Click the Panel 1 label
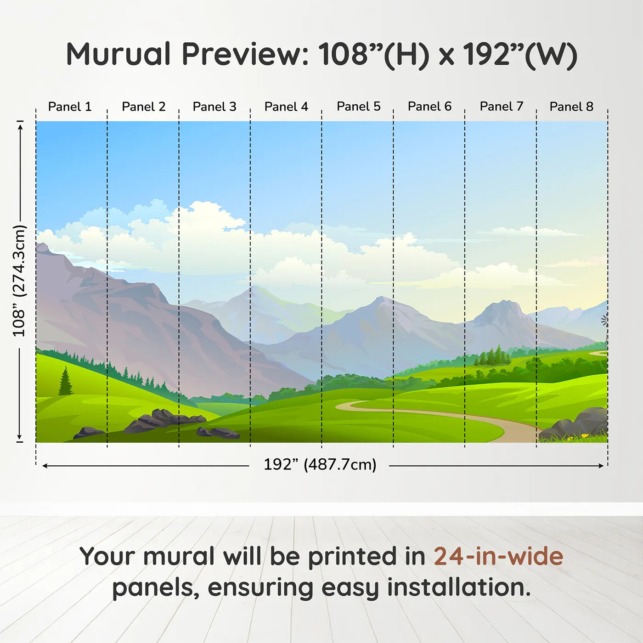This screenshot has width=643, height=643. pos(70,107)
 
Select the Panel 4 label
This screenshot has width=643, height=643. pos(286,107)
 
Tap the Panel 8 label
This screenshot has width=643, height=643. pos(571,107)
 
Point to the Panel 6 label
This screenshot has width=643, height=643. pos(429,107)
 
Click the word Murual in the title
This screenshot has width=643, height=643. pos(118,54)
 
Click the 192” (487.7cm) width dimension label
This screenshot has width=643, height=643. pos(320,464)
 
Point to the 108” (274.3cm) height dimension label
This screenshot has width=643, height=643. pos(19,281)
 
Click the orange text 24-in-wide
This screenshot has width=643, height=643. pos(498,556)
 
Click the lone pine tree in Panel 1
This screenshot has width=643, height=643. pos(66,381)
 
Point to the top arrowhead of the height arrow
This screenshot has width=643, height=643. pos(20,127)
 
